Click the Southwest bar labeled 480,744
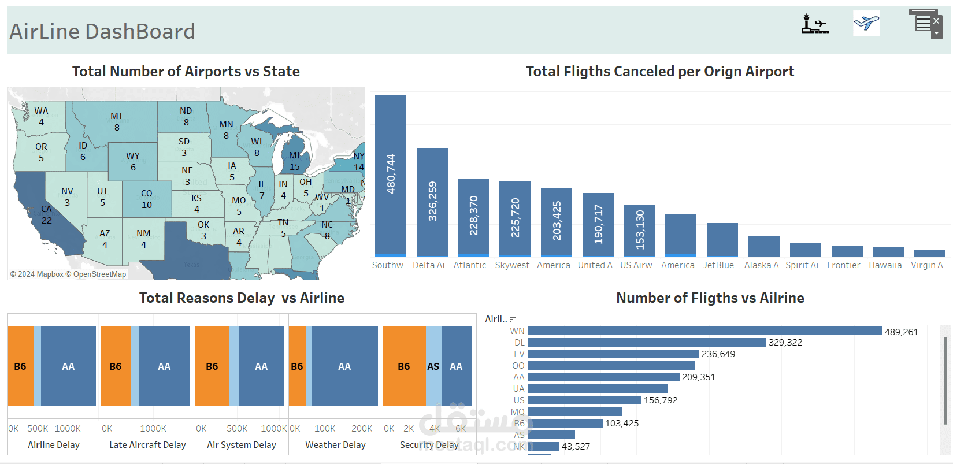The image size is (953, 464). (391, 175)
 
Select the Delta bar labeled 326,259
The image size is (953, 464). (432, 202)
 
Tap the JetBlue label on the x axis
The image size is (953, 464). (722, 265)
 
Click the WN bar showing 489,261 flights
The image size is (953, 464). (705, 331)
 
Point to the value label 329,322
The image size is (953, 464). (785, 343)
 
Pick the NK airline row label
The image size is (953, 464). (519, 446)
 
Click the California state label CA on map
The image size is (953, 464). (46, 209)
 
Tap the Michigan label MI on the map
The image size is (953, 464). (294, 155)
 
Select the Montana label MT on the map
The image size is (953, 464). (117, 116)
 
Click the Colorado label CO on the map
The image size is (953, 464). (147, 194)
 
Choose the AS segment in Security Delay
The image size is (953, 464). (433, 366)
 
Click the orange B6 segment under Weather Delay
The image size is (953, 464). (297, 366)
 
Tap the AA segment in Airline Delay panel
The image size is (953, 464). (68, 366)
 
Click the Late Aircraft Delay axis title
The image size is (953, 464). (147, 445)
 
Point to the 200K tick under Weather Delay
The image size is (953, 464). (362, 429)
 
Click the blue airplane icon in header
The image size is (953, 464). (866, 23)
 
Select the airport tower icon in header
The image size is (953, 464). (814, 24)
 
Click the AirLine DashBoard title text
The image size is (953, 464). (102, 31)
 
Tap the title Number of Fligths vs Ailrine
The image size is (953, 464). (710, 298)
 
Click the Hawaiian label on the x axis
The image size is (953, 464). (888, 265)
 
